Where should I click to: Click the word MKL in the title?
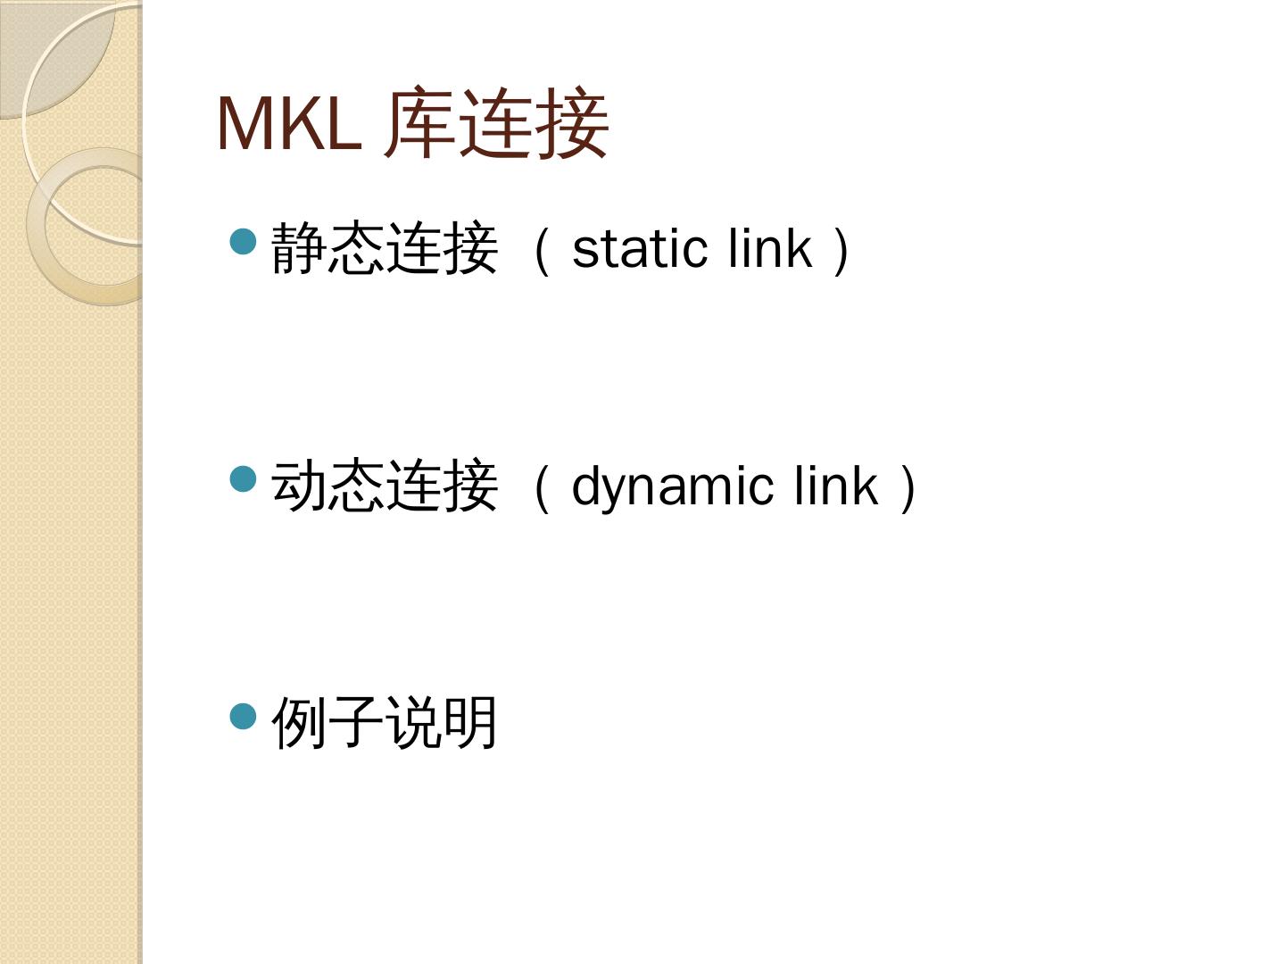click(288, 123)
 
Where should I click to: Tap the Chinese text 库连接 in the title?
click(497, 123)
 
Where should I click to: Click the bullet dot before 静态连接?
click(244, 241)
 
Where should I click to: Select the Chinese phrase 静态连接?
click(385, 248)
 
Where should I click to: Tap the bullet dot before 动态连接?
click(244, 479)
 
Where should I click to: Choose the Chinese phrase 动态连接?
click(385, 486)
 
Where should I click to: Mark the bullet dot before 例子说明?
click(244, 716)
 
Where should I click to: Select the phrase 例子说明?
click(385, 723)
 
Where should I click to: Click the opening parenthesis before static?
click(541, 250)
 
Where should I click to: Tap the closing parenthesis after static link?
click(841, 250)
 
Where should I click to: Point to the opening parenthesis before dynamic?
click(541, 488)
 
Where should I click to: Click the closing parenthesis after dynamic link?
click(908, 488)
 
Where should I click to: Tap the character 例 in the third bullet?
click(300, 723)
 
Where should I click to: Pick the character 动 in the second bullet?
click(300, 486)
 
